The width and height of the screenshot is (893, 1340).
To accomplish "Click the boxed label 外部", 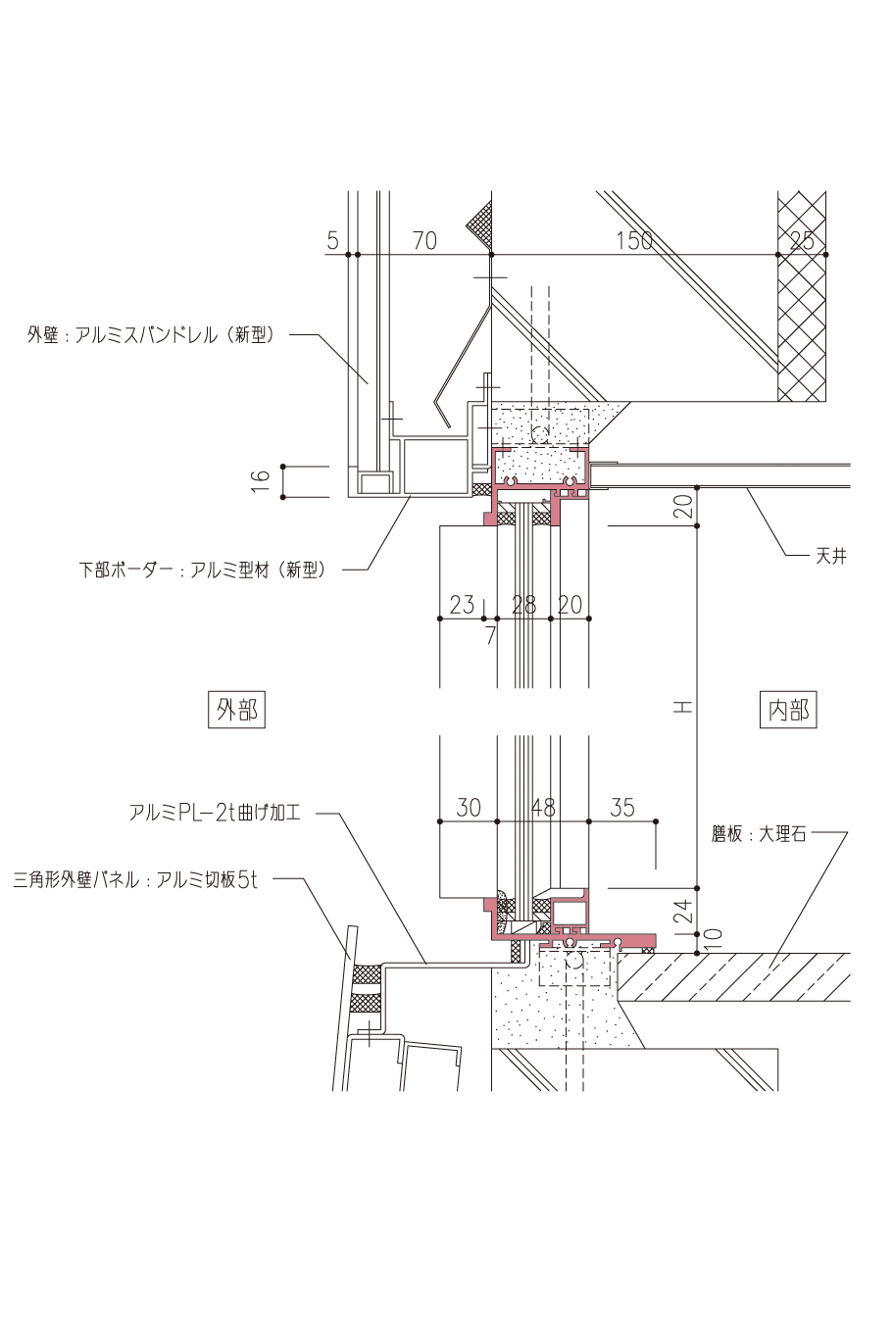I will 238,709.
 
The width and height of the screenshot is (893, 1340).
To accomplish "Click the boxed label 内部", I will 788,710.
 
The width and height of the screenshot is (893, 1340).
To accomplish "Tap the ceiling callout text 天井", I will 831,556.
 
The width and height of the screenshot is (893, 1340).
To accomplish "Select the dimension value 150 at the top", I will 635,240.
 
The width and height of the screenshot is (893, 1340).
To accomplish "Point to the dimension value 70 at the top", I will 424,240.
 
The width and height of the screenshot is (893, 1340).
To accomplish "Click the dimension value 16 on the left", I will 261,480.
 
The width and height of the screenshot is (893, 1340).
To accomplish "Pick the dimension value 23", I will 462,605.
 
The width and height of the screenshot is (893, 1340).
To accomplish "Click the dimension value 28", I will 525,605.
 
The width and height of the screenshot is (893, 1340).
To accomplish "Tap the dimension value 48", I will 543,807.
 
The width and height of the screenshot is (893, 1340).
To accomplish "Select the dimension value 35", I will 622,807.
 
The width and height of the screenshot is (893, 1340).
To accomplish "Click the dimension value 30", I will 469,807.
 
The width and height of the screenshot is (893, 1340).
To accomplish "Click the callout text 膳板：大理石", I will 759,835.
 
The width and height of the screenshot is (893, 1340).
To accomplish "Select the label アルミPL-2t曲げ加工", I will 214,813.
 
